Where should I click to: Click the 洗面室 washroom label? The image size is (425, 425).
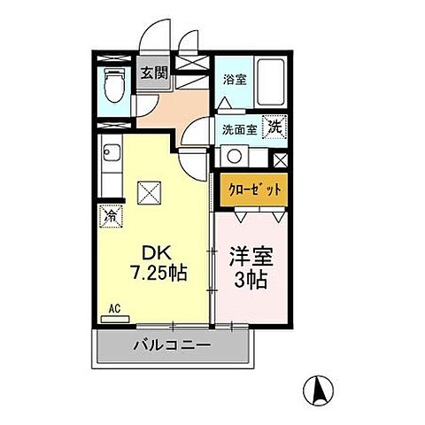point(239,127)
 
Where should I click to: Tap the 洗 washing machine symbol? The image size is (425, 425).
point(276,126)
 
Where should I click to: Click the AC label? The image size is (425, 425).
point(114,308)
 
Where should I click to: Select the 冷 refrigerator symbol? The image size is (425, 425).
point(113,214)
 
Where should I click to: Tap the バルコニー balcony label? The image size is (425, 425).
point(173,345)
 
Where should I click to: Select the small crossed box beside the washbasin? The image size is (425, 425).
point(280,160)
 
